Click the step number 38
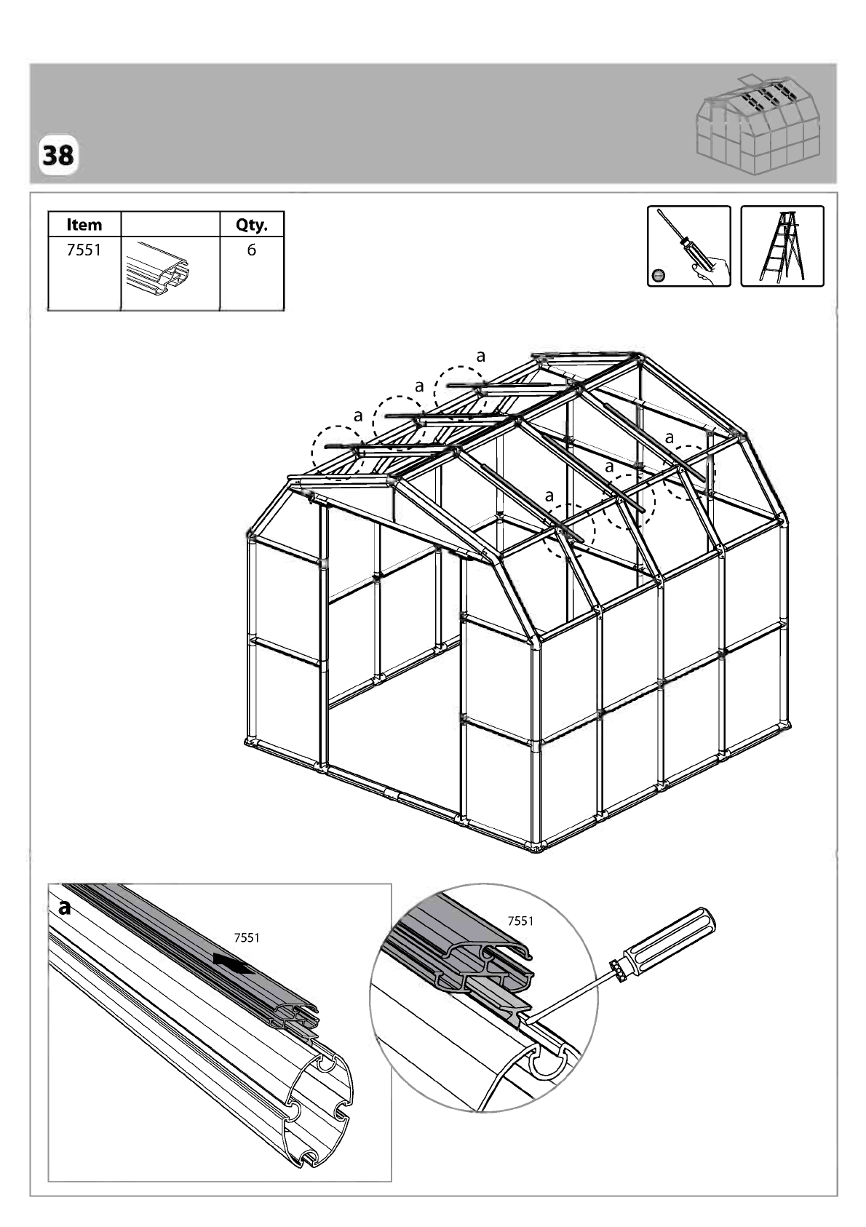tap(57, 156)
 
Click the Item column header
tap(84, 225)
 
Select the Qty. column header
tap(251, 225)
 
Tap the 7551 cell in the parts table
tap(84, 250)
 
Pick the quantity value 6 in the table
tap(251, 250)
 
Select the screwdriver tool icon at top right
tap(688, 246)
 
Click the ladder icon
tap(782, 246)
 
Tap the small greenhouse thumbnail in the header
tap(758, 125)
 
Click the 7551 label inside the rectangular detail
tap(247, 938)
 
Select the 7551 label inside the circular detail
tap(520, 921)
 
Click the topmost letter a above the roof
tap(481, 356)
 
